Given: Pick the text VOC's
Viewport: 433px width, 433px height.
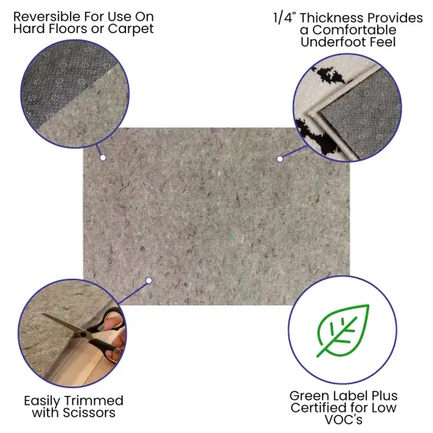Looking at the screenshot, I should [343, 421].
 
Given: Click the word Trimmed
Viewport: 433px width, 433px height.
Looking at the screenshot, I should [96, 400].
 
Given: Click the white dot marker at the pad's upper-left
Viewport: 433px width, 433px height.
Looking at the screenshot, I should [103, 157].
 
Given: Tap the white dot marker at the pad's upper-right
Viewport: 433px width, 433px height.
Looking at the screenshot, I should [279, 159].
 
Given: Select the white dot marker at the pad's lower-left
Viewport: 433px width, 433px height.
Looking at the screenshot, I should [149, 279].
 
